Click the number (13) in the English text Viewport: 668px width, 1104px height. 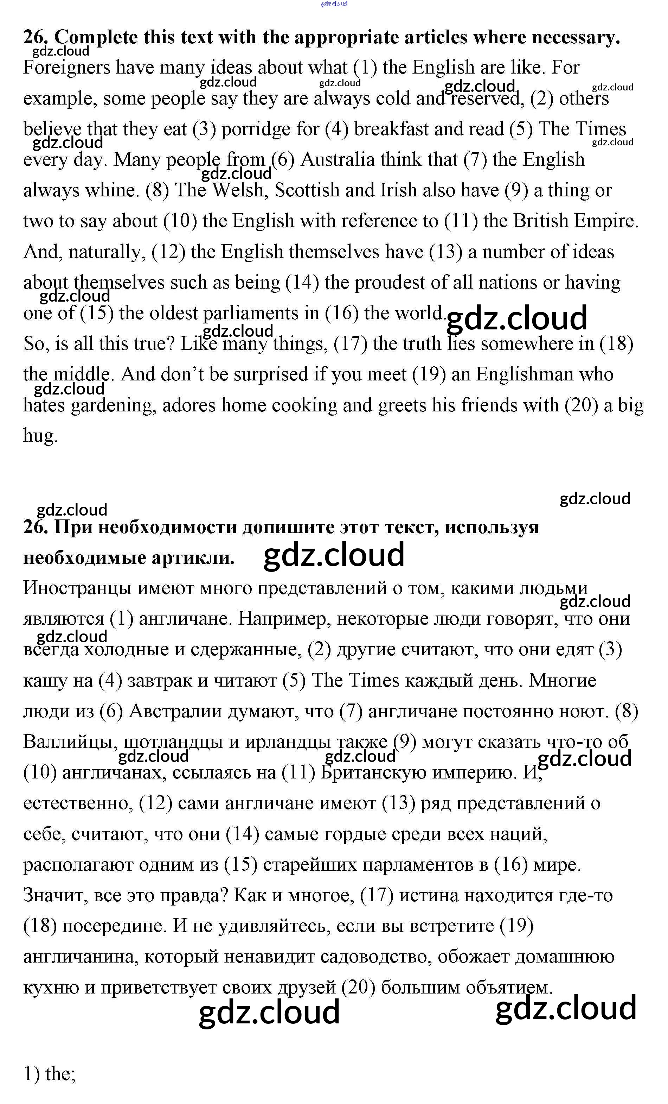click(x=445, y=252)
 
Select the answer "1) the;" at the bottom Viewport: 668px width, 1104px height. click(x=49, y=1074)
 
